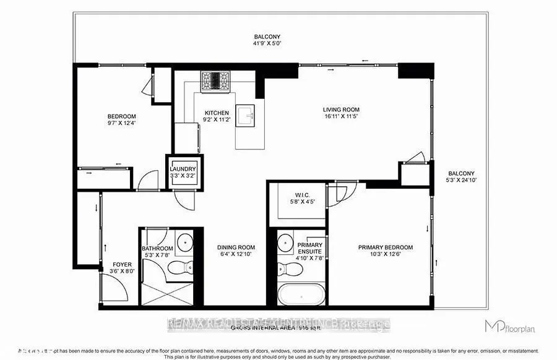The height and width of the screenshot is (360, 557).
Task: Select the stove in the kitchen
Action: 215,80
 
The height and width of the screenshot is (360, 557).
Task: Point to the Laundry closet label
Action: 184,169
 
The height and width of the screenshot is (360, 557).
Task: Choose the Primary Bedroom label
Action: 385,247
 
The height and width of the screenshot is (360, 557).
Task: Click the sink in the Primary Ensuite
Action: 285,241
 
